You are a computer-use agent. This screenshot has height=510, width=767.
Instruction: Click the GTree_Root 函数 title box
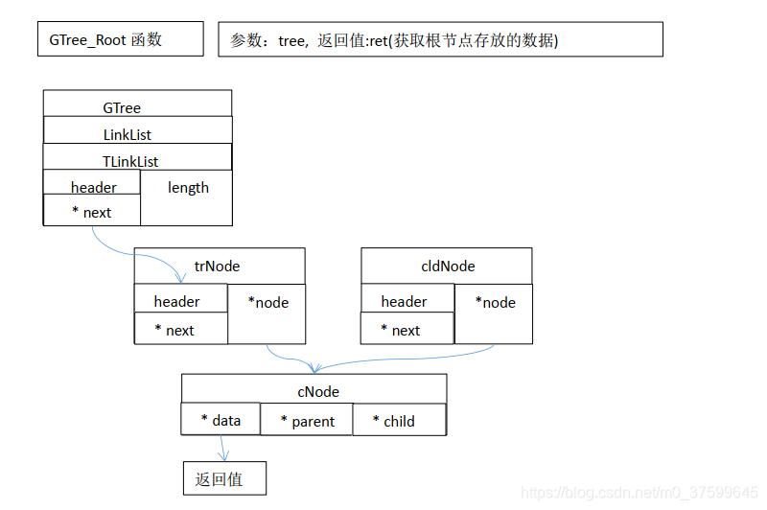[x=119, y=39]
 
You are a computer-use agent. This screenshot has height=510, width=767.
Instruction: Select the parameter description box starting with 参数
[x=440, y=39]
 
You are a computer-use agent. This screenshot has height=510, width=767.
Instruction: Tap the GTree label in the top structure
[x=123, y=108]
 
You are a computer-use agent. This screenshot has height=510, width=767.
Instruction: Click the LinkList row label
[x=128, y=135]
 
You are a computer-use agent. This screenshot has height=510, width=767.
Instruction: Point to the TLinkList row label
[x=130, y=161]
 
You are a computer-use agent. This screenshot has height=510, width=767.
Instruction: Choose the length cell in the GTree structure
[x=187, y=188]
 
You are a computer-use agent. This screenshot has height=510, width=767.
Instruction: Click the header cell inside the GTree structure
[x=93, y=187]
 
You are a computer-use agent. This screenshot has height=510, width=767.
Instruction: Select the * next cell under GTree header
[x=92, y=212]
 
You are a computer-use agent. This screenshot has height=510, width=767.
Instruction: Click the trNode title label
[x=217, y=266]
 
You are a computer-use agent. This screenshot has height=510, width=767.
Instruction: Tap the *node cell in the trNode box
[x=267, y=303]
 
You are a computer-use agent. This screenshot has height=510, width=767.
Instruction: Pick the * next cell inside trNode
[x=174, y=330]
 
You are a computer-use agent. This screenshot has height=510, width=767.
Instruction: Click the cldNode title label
[x=448, y=266]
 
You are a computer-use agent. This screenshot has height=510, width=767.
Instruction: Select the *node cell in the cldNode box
[x=495, y=303]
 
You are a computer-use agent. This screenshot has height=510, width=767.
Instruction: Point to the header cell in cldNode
[x=404, y=301]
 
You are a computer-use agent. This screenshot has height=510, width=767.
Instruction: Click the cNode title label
[x=317, y=391]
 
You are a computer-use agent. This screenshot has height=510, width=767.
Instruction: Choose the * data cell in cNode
[x=221, y=420]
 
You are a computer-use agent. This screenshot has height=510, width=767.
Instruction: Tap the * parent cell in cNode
[x=308, y=421]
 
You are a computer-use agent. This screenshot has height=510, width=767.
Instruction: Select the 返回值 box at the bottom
[x=223, y=479]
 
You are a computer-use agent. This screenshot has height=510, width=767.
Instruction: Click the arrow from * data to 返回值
[x=223, y=447]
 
